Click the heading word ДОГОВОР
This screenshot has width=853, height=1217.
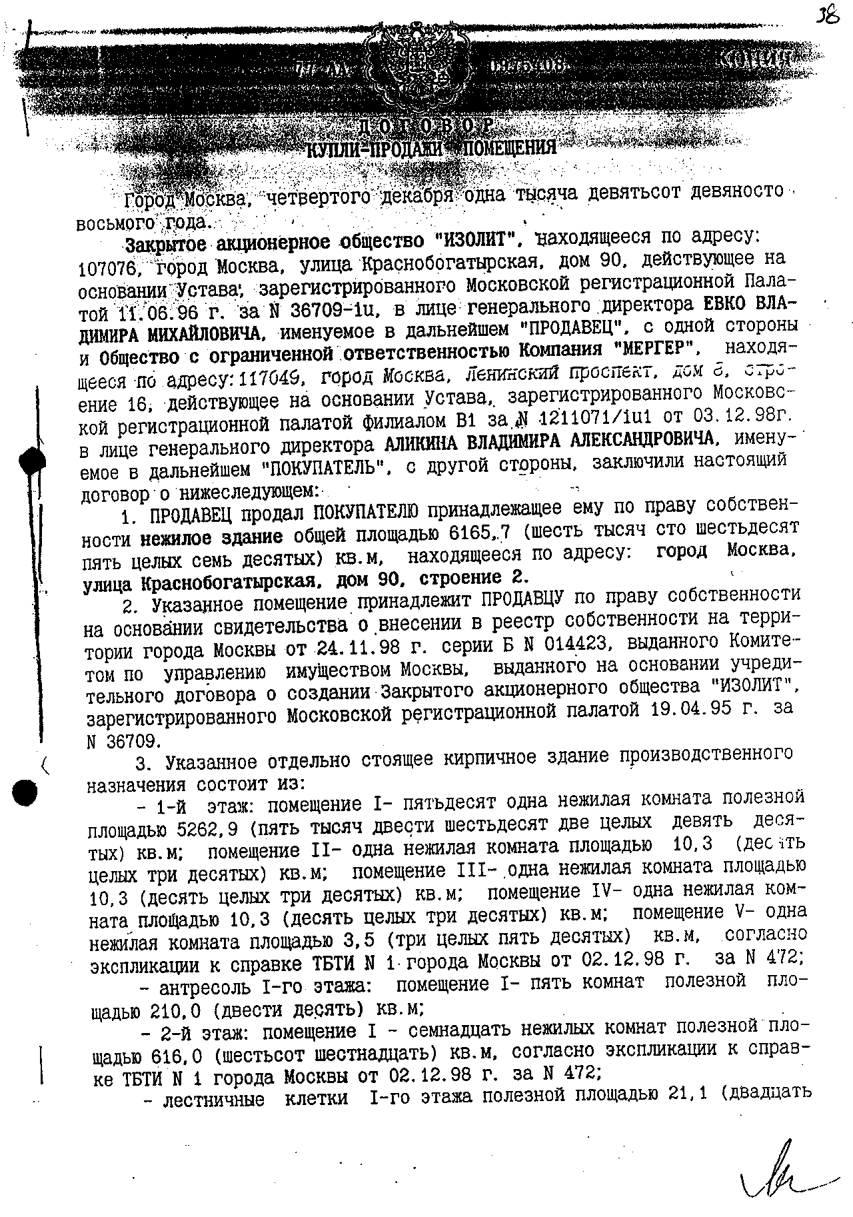[426, 127]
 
